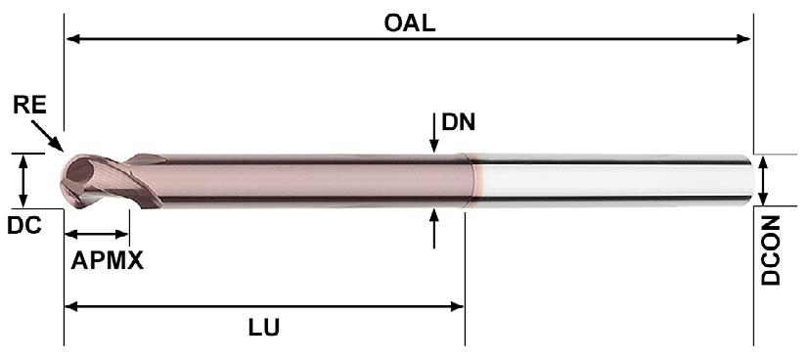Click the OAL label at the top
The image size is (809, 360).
(x=409, y=23)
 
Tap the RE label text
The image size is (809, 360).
(x=29, y=106)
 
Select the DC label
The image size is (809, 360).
(x=23, y=225)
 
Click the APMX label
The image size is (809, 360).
(x=107, y=261)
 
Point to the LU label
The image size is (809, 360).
(x=264, y=328)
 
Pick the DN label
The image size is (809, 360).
(x=458, y=122)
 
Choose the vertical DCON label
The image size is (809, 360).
(x=771, y=250)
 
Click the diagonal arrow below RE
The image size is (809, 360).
(x=47, y=136)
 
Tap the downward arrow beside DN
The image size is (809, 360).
(x=434, y=132)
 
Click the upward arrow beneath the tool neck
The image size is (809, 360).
(x=434, y=228)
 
